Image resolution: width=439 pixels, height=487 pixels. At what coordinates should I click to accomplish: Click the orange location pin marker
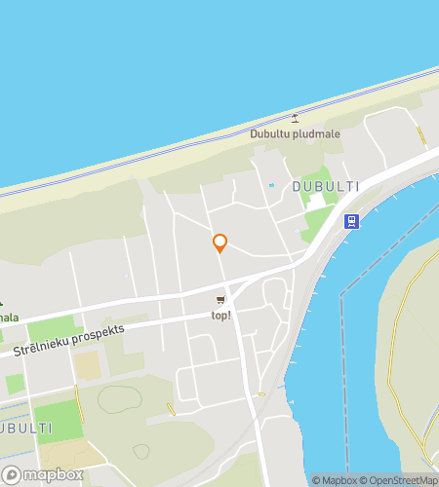219,243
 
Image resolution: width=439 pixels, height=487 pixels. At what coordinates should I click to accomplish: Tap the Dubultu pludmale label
295,134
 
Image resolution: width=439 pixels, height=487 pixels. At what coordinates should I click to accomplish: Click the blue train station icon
351,221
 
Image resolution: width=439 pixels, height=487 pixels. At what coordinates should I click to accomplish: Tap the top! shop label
221,316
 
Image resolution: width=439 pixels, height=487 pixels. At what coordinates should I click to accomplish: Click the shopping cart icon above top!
221,300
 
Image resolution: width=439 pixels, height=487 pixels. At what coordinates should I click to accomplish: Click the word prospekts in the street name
95,334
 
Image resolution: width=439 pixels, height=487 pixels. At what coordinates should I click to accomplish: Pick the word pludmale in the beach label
317,134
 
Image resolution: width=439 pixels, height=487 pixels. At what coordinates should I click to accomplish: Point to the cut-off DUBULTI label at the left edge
26,429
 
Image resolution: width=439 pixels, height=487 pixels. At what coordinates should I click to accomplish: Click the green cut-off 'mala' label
9,318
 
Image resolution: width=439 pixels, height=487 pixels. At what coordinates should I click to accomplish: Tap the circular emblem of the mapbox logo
11,475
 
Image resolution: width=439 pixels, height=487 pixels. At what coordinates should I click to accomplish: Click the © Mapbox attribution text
334,480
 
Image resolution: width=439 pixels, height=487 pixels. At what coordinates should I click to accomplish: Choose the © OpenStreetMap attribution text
398,480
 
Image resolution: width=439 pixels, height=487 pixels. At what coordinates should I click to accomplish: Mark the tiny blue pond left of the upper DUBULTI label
271,185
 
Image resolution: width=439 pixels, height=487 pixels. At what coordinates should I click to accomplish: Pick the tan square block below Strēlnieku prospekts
87,365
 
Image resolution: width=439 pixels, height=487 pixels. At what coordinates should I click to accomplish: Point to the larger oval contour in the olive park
119,399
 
